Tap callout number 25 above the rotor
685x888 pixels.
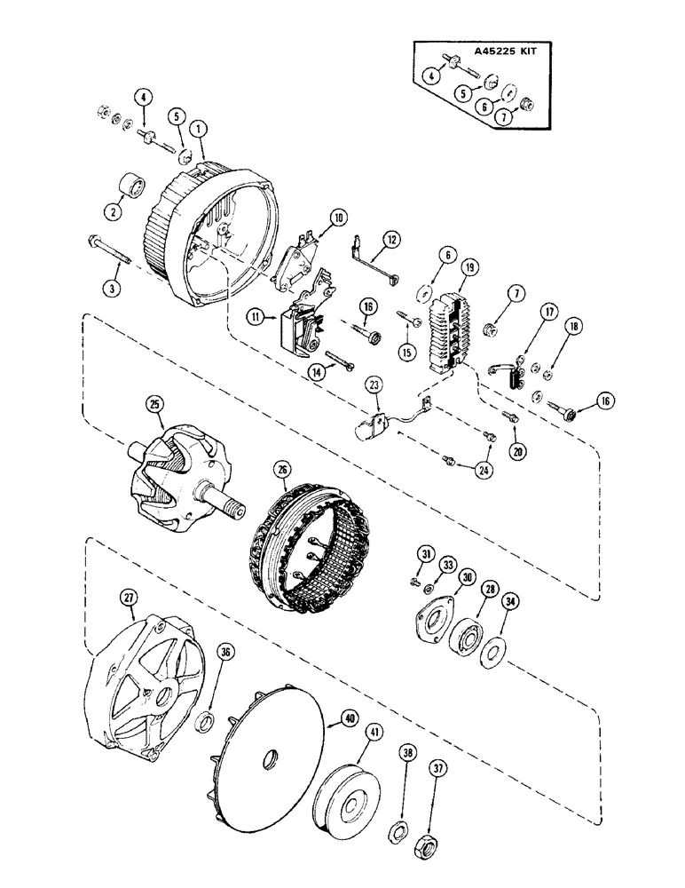[157, 403]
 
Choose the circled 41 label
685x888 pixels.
[377, 733]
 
